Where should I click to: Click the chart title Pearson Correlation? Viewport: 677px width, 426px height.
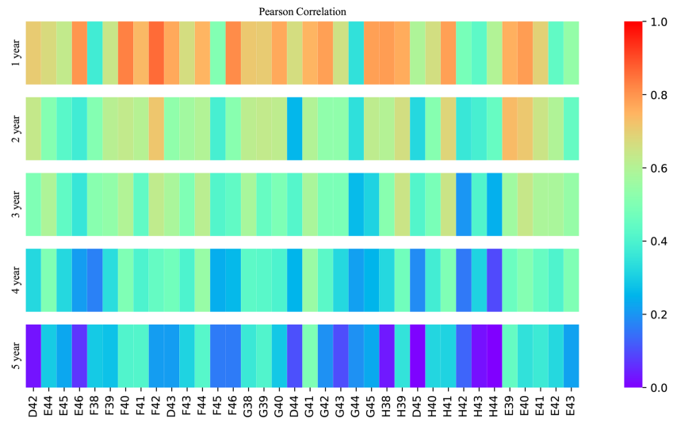(x=302, y=12)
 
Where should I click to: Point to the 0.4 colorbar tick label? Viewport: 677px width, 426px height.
(x=659, y=242)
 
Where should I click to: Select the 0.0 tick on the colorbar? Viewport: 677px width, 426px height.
(x=659, y=388)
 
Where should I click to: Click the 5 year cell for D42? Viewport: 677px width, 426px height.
(x=33, y=356)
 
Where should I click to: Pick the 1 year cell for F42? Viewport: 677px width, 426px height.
(x=156, y=52)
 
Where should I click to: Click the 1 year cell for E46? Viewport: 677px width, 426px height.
(x=79, y=52)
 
